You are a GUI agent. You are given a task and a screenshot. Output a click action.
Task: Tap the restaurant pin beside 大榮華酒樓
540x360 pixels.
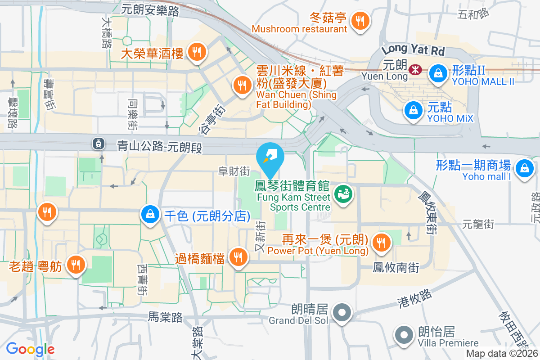pos(197,52)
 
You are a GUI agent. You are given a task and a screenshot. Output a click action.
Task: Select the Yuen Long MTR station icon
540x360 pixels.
pos(414,69)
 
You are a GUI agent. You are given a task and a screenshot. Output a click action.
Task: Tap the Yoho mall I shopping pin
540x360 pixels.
pos(524,169)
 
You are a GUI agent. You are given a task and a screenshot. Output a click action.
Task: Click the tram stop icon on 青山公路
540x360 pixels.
pos(97,144)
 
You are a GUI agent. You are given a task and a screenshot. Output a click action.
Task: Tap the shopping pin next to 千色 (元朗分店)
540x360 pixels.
pos(150,215)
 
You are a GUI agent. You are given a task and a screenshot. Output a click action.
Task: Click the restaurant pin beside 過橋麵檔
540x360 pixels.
pos(238,257)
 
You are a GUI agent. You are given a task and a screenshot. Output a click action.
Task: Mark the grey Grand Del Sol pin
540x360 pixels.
pos(342,312)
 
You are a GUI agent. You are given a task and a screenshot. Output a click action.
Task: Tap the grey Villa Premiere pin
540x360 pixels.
pos(404,335)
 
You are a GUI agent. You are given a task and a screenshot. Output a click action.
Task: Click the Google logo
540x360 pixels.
pos(30,349)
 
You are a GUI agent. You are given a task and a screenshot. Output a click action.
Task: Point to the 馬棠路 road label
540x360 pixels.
pos(166,317)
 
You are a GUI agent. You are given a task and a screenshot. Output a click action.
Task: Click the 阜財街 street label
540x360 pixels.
pos(234,171)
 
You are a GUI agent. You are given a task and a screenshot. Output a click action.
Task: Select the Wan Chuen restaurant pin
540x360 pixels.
pos(243,85)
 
